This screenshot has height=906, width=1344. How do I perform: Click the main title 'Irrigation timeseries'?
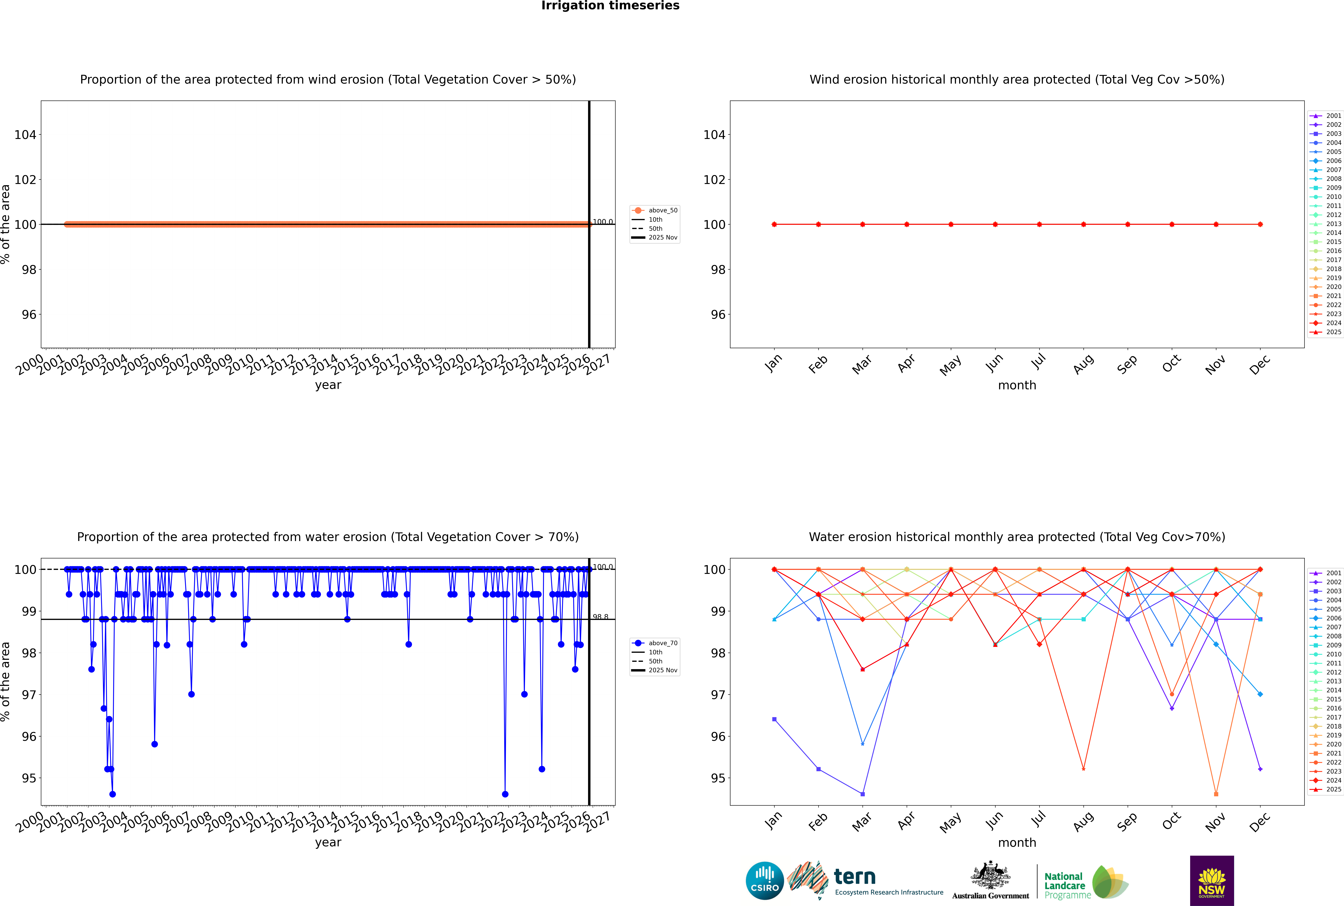[610, 6]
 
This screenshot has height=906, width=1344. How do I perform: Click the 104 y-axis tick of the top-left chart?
[25, 135]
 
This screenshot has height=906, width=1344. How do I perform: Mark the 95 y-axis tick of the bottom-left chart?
[29, 778]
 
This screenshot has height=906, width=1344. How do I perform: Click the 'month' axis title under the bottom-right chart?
[1017, 842]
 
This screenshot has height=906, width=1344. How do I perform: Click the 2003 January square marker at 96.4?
[774, 719]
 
